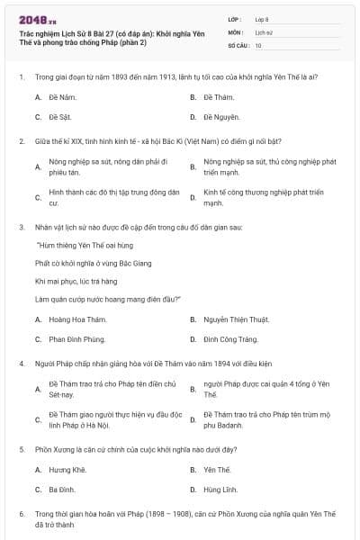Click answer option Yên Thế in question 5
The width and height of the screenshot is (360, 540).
pyautogui.click(x=217, y=469)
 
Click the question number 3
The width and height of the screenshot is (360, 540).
pyautogui.click(x=21, y=227)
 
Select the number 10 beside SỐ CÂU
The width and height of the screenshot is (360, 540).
pyautogui.click(x=258, y=45)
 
